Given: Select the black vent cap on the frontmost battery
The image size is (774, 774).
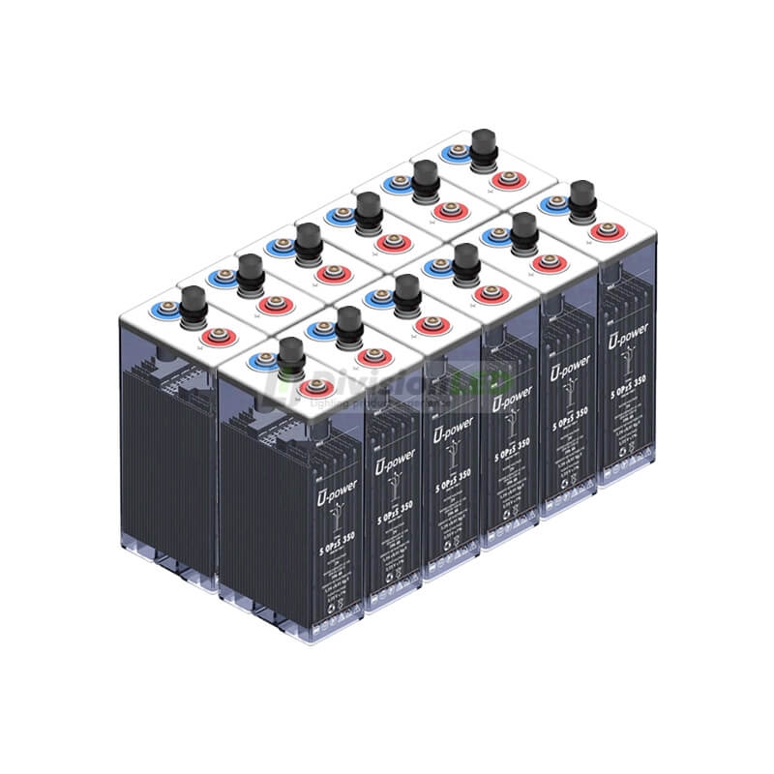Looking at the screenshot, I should click(x=288, y=356).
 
